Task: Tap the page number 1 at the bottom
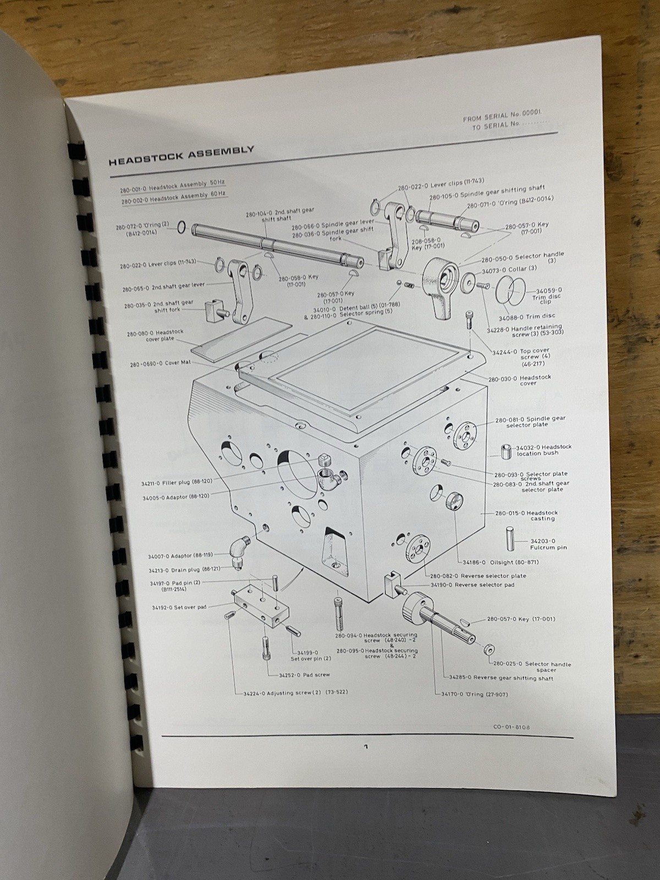point(365,747)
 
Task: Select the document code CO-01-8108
point(512,727)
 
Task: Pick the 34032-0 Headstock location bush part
point(506,452)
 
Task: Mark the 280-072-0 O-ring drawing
point(181,228)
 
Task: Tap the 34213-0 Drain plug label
point(180,570)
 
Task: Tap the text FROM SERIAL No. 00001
point(505,117)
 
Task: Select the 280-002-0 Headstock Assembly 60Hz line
point(174,198)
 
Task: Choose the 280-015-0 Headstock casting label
point(526,515)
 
